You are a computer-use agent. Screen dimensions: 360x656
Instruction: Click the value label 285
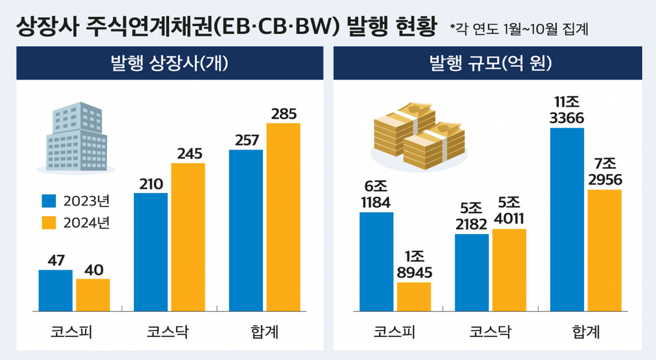284,114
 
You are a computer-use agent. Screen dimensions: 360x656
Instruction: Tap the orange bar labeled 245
188,237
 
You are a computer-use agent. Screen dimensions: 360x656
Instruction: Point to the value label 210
151,184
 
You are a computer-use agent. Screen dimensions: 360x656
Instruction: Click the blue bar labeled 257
246,230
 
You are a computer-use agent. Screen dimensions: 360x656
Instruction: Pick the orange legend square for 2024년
49,223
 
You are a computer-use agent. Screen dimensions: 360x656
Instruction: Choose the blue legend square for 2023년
49,201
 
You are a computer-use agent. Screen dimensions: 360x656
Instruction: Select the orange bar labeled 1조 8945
414,296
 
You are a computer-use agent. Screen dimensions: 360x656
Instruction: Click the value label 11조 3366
566,110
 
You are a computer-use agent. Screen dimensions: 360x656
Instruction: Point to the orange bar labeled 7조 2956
604,250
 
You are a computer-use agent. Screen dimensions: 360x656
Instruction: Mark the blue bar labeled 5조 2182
471,272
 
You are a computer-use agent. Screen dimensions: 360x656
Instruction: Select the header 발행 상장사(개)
169,63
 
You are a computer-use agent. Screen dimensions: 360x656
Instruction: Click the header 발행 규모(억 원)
490,63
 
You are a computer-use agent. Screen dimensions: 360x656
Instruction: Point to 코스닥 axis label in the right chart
490,332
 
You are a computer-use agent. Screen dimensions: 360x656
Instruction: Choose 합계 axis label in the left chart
264,332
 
